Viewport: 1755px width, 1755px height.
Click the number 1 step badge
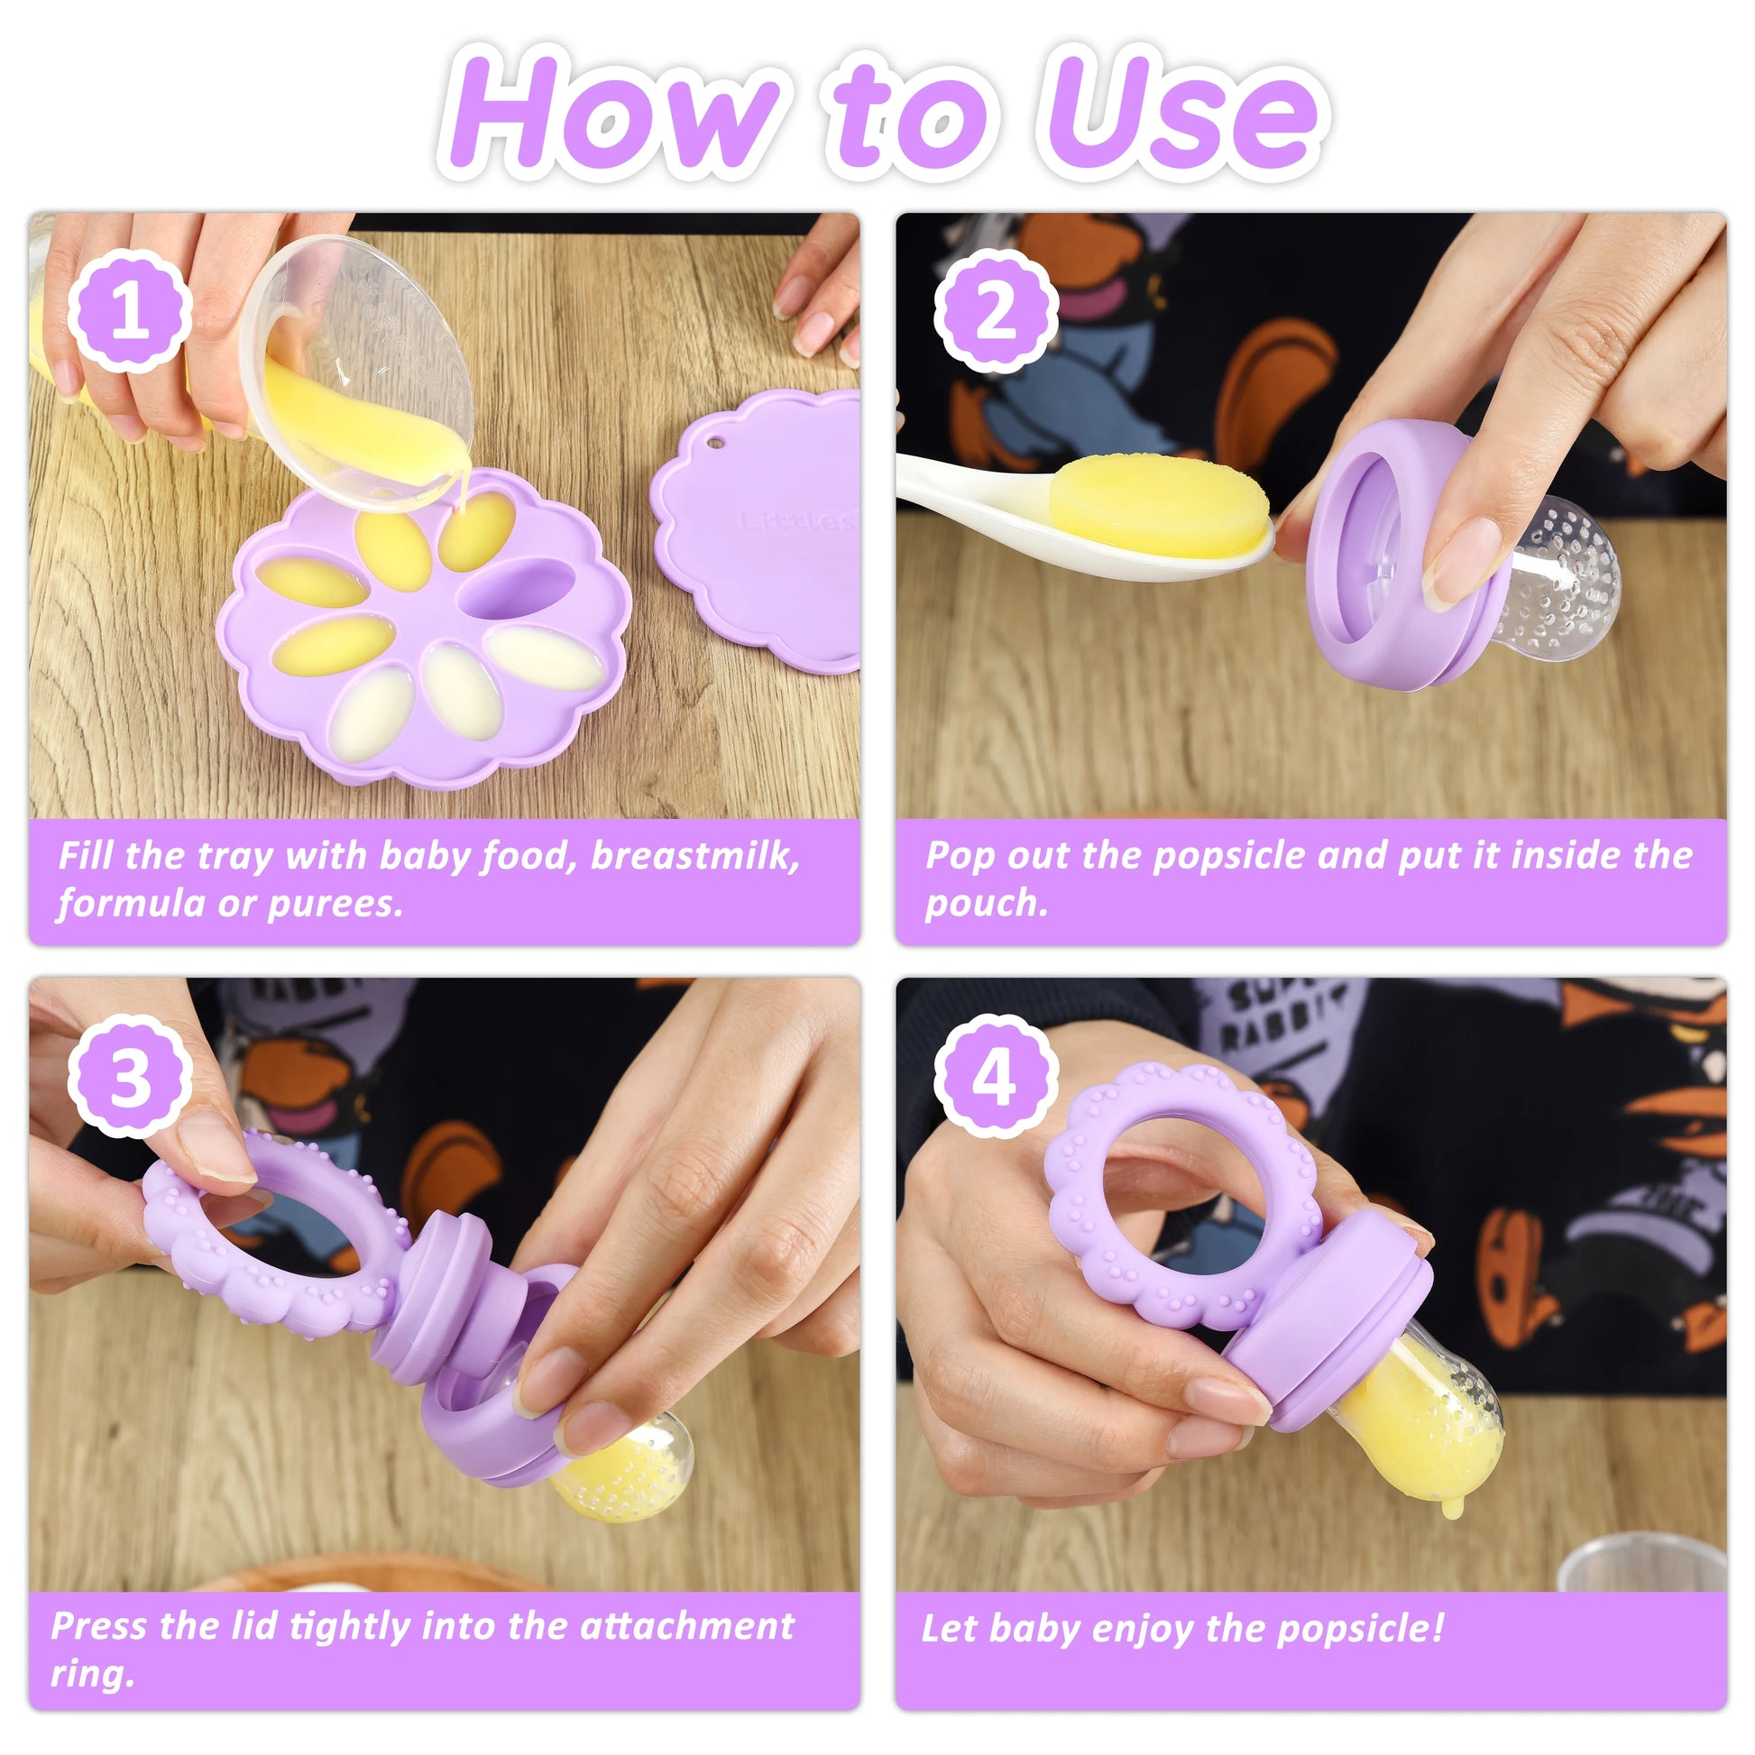pos(130,311)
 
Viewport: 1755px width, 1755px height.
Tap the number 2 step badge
pos(997,311)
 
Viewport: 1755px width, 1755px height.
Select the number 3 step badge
pos(130,1078)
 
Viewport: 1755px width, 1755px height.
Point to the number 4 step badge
pos(997,1078)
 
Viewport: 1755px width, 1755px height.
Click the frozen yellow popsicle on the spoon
pos(1159,507)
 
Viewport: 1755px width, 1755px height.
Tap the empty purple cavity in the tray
pos(516,589)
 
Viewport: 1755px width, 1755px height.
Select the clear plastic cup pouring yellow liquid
pos(359,372)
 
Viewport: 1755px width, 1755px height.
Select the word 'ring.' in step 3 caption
pos(92,1675)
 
